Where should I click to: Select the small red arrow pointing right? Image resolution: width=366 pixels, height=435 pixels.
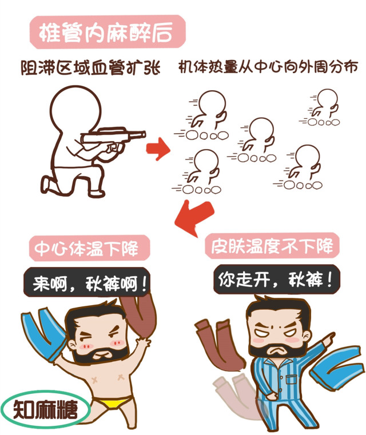[158, 150]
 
